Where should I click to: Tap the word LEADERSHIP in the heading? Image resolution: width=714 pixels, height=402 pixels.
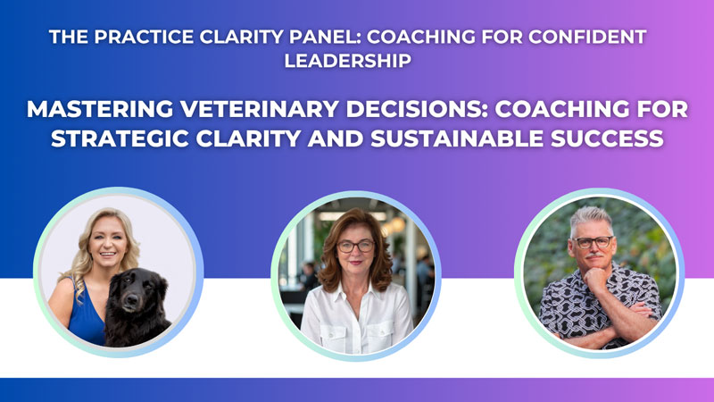coord(348,61)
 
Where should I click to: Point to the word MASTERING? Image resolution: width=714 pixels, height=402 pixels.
coord(100,109)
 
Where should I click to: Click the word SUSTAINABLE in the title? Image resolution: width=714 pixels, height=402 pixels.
coord(457,138)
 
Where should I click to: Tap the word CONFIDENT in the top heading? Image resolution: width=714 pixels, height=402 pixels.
coord(587,37)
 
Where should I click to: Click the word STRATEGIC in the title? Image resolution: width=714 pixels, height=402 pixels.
coord(120,138)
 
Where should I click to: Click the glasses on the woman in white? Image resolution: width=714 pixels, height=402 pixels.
coord(355,247)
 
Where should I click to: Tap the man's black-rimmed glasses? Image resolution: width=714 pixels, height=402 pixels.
coord(593,242)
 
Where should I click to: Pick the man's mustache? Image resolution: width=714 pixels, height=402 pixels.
coord(594,255)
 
